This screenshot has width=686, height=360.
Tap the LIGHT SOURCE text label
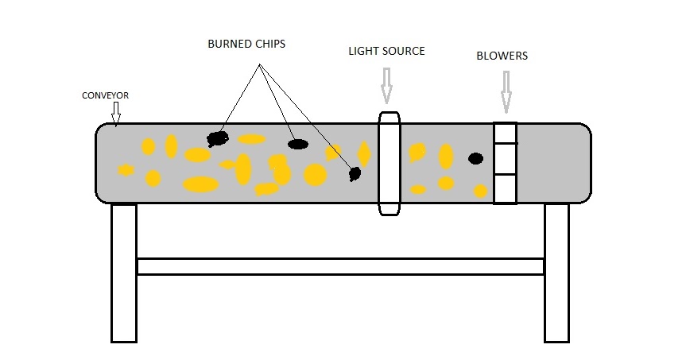(386, 51)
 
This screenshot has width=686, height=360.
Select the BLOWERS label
(502, 56)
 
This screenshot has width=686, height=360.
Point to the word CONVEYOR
(105, 95)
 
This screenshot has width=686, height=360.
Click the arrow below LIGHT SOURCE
(387, 85)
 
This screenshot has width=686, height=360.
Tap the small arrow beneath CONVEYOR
(116, 114)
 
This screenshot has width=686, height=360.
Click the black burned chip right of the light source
(475, 158)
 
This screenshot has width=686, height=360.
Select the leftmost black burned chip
(216, 139)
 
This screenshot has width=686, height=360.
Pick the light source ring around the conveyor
(389, 163)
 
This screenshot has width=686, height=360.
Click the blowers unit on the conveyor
(505, 163)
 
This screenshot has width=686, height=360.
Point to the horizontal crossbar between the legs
(340, 266)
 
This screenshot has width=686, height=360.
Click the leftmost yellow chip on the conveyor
(126, 169)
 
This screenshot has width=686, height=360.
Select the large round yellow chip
(316, 175)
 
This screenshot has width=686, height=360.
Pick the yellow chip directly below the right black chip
(480, 191)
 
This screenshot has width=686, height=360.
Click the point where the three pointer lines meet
(258, 68)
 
